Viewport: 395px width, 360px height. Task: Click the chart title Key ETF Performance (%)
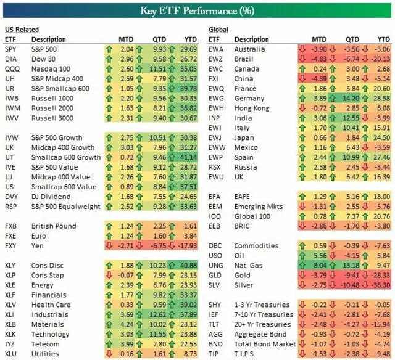[x=197, y=11]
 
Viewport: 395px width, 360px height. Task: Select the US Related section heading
[x=22, y=30]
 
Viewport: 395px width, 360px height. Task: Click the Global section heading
[x=219, y=30]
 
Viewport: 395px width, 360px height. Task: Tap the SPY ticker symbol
[x=11, y=49]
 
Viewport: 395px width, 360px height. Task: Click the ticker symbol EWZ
[x=217, y=59]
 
